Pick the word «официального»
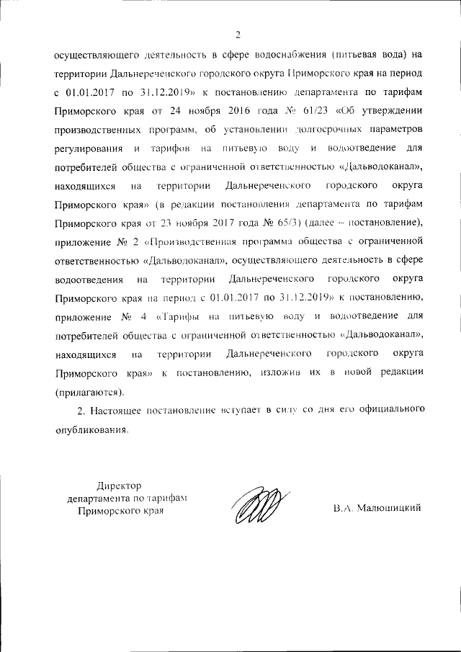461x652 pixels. pos(382,411)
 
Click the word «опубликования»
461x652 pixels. pos(91,429)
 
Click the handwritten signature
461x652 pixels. pos(259,502)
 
